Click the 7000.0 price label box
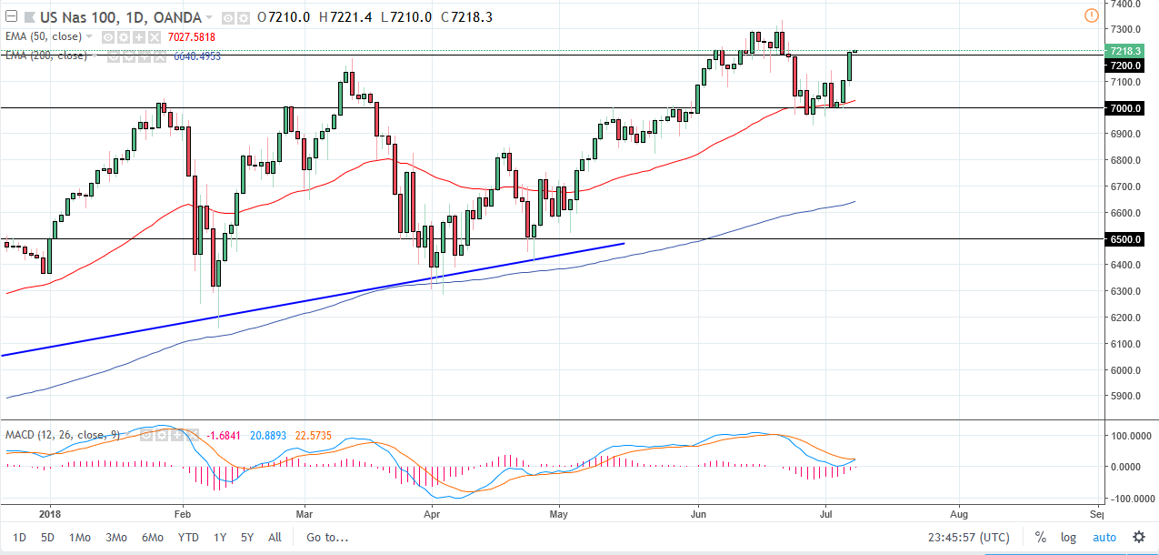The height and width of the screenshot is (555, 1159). [x=1125, y=108]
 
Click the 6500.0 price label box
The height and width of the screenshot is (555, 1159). [x=1125, y=239]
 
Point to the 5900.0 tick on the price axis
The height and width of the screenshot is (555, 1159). [x=1125, y=397]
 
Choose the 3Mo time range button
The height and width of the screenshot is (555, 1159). [x=115, y=537]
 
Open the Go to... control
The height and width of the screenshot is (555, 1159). [x=327, y=537]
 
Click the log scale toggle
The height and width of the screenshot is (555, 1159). [x=1069, y=537]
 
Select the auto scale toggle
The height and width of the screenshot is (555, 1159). [x=1104, y=537]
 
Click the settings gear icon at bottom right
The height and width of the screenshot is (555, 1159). [x=1138, y=537]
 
